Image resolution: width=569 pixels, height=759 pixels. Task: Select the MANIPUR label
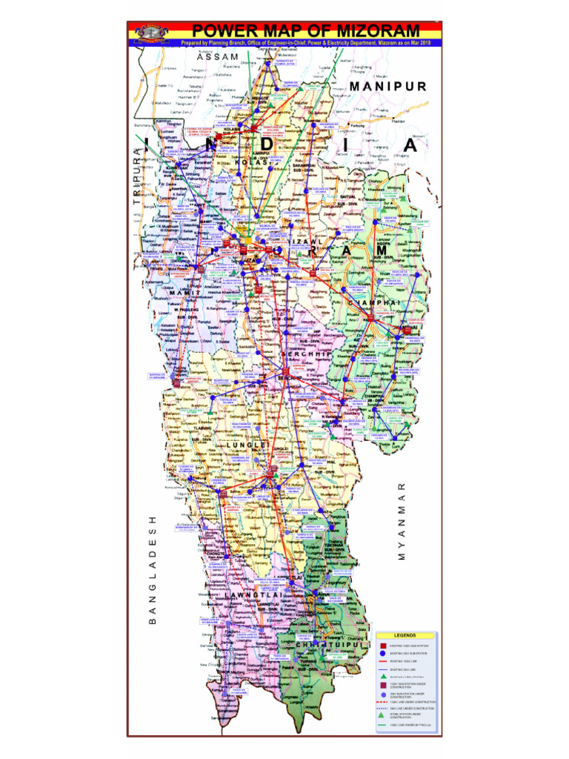coord(388,86)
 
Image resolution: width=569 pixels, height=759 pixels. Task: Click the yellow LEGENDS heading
coord(405,635)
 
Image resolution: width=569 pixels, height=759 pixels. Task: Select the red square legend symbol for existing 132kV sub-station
coord(383,646)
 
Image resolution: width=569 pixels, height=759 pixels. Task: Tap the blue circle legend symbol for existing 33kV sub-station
coord(383,654)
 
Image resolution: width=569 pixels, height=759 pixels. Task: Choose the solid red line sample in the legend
coord(383,660)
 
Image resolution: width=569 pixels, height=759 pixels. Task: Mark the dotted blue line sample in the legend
coord(383,709)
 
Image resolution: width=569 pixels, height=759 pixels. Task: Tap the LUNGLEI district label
coord(245,445)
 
